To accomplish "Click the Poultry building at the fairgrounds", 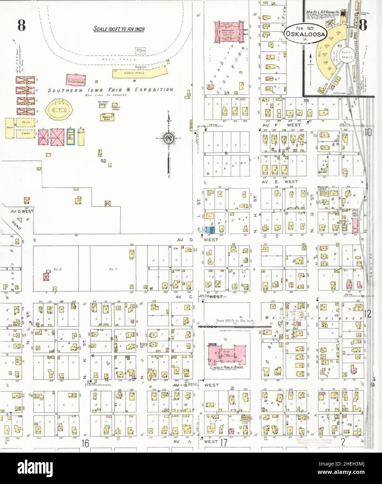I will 81,136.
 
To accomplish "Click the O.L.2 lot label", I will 48,260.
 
